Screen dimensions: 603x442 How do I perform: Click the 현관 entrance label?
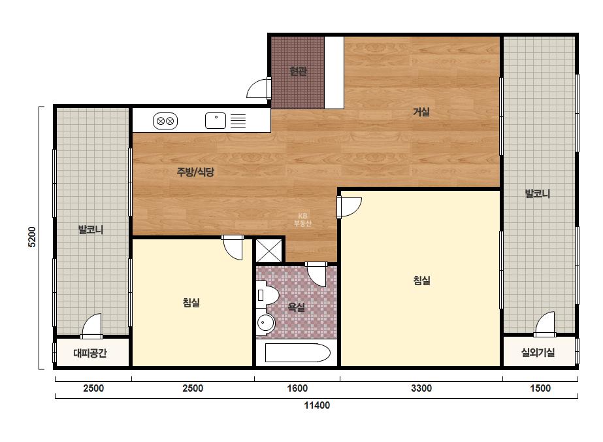tap(298, 71)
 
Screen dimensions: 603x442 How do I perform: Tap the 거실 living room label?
tap(421, 112)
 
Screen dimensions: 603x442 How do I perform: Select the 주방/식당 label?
tap(195, 172)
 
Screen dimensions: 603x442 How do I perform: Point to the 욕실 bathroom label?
tap(297, 307)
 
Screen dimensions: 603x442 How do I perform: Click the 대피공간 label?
tap(90, 353)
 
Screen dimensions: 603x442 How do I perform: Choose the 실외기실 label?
tap(538, 352)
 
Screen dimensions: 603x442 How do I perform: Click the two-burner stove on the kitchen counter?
tap(165, 121)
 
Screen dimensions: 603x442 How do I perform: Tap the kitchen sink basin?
tap(216, 120)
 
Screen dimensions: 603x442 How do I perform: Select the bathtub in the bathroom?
tap(298, 352)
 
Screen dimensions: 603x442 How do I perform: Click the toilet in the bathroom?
tap(267, 296)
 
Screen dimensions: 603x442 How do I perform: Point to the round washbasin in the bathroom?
tap(265, 322)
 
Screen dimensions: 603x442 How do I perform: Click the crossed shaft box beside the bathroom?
tap(269, 250)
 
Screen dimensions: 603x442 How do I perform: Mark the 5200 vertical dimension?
tap(32, 237)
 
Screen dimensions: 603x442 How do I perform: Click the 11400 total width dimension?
tap(317, 405)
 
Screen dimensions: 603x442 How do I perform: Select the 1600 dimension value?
tap(297, 388)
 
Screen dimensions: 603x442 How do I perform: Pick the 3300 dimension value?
tap(421, 388)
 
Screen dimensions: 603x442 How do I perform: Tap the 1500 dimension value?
tap(540, 388)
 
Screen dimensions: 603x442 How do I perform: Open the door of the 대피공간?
tap(91, 326)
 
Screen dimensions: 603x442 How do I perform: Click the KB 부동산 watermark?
tap(302, 220)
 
